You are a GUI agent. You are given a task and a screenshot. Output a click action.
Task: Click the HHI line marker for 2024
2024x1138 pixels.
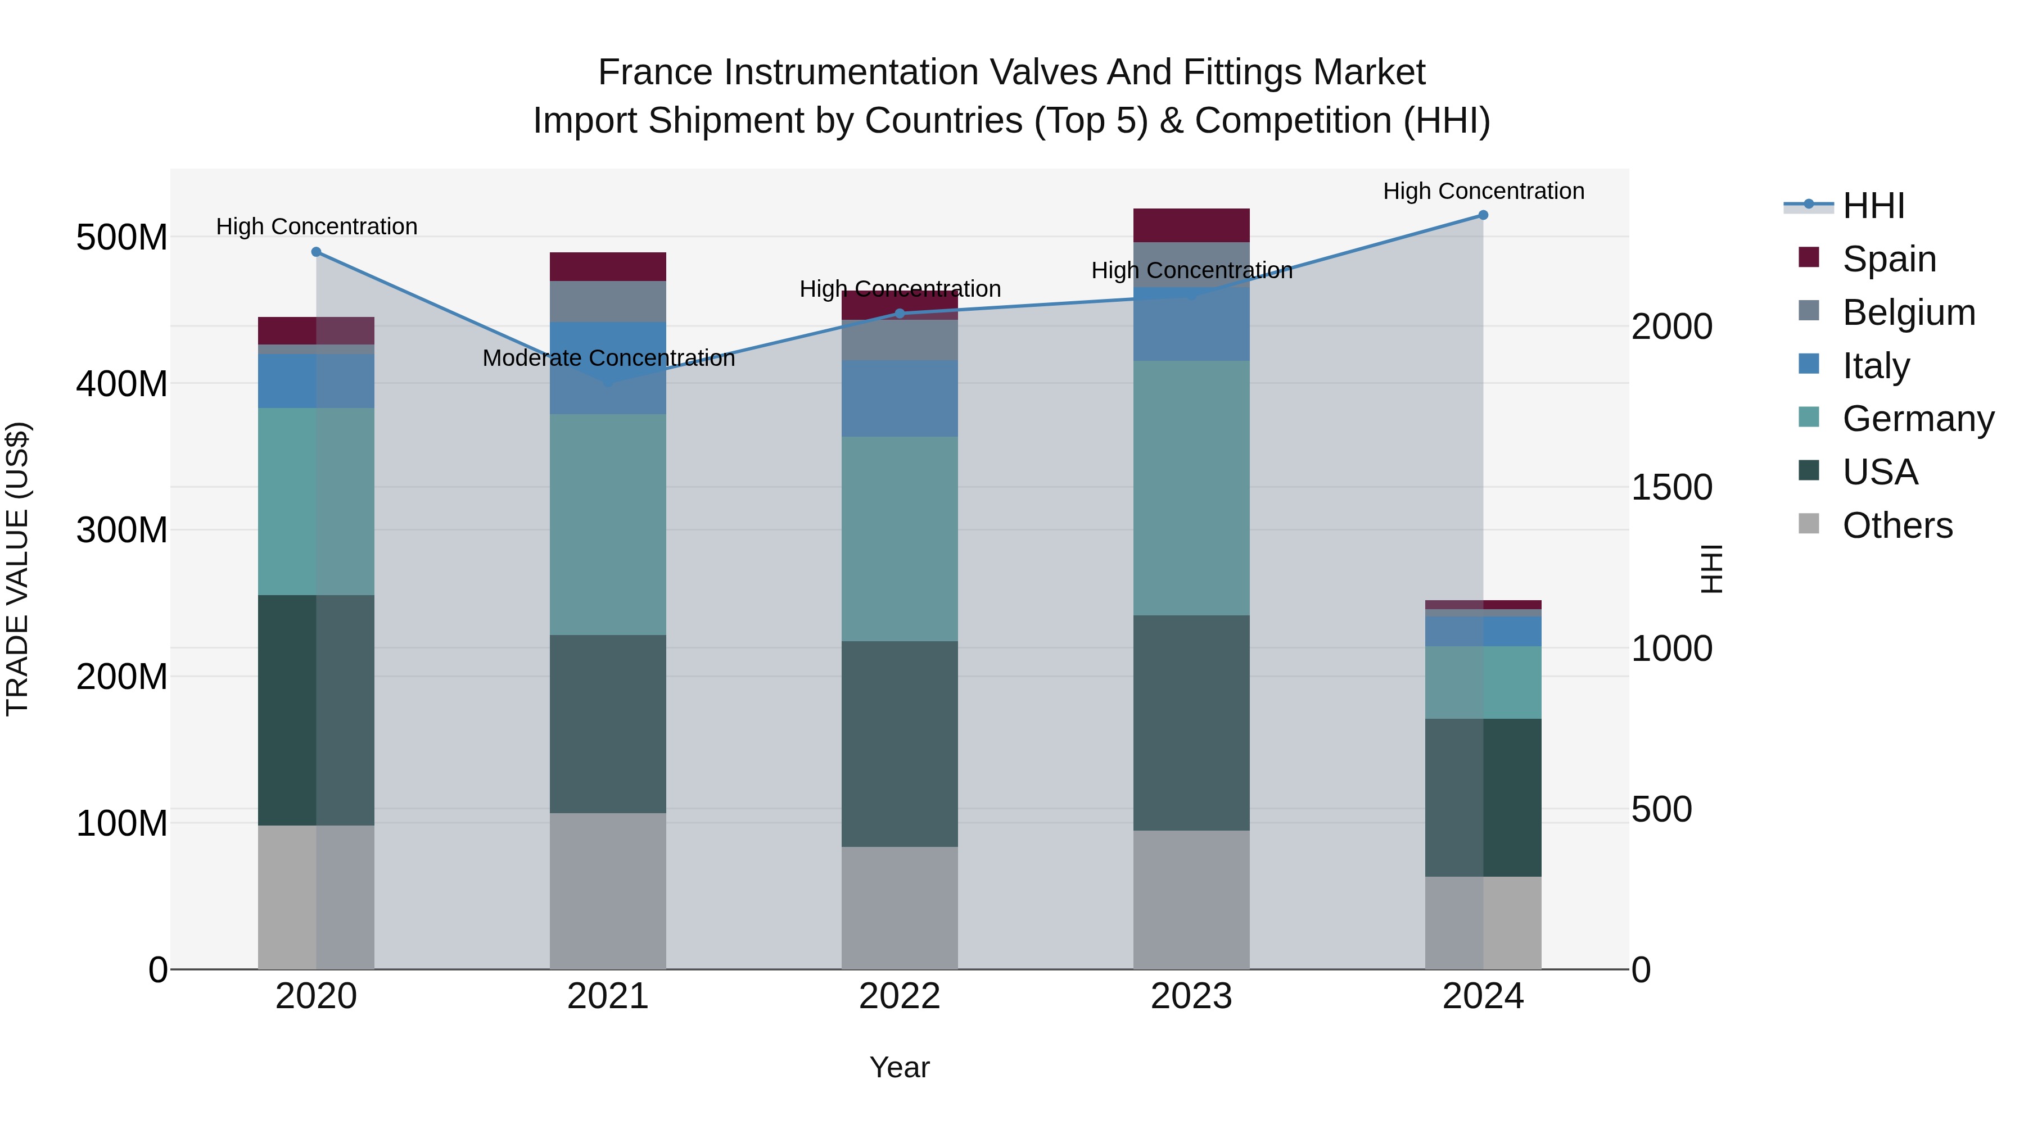click(1483, 215)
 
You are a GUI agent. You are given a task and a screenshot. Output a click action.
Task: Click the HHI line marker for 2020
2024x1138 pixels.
click(316, 252)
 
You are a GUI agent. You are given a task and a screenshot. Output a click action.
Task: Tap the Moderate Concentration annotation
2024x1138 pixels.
click(608, 358)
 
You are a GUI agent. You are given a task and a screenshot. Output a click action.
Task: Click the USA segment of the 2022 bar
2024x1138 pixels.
click(899, 743)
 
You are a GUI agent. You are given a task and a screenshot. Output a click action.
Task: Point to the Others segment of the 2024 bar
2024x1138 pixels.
click(1483, 922)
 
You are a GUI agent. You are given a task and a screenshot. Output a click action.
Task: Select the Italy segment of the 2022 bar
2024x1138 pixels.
click(899, 398)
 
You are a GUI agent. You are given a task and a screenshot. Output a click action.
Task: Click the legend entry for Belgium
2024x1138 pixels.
click(1908, 312)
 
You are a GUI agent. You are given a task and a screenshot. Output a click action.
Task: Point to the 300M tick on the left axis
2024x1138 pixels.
click(122, 530)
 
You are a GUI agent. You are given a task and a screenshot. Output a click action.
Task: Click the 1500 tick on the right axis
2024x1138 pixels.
click(1671, 488)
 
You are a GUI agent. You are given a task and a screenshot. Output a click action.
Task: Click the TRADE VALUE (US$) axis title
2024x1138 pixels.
click(17, 569)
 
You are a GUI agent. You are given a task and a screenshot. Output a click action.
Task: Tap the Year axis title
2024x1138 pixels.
click(899, 1067)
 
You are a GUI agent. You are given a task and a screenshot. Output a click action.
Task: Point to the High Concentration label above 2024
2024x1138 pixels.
click(1483, 191)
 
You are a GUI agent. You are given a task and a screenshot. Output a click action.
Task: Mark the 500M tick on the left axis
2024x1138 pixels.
click(122, 237)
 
